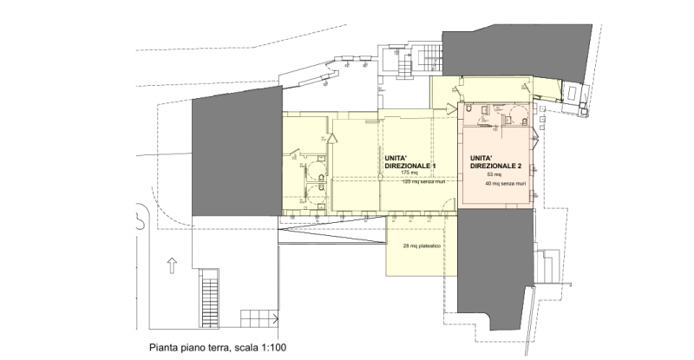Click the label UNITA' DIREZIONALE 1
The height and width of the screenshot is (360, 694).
point(409,160)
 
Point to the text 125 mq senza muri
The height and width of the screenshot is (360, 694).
point(422,182)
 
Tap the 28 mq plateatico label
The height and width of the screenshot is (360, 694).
point(422,247)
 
